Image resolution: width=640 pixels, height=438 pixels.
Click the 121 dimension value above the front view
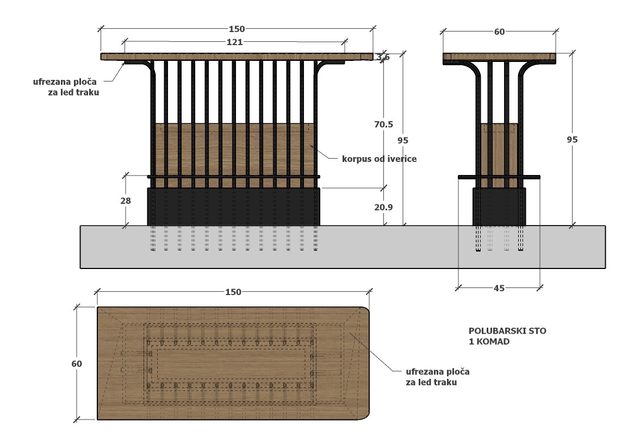[x=235, y=42]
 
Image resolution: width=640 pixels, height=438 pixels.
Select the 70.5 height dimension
[x=384, y=124]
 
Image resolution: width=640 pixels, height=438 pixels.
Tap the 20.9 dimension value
[x=384, y=207]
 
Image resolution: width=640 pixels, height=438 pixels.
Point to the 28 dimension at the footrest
[x=126, y=201]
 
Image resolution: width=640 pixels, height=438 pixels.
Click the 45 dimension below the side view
[x=499, y=289]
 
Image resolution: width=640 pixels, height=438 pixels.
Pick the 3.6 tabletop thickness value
[x=383, y=57]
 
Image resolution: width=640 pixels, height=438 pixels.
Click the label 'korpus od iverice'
[x=379, y=159]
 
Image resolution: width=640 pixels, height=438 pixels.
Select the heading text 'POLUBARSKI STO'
[x=507, y=331]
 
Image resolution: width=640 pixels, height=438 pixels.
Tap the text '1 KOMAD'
[x=489, y=342]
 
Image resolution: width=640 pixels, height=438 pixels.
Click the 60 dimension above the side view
[x=500, y=32]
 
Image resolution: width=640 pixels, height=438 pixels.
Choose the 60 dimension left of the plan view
[x=77, y=364]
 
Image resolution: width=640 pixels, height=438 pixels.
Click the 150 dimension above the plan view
[x=233, y=292]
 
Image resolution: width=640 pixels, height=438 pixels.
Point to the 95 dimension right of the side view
[x=572, y=140]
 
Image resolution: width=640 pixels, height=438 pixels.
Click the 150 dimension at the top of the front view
[x=237, y=29]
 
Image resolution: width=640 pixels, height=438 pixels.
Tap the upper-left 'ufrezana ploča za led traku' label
[x=66, y=87]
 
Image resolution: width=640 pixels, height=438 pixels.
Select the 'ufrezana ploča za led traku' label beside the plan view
[x=438, y=377]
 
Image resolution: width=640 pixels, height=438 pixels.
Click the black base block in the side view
[x=499, y=207]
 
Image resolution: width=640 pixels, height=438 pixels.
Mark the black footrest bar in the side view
[x=499, y=177]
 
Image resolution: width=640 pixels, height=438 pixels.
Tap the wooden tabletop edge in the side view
[x=500, y=57]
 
